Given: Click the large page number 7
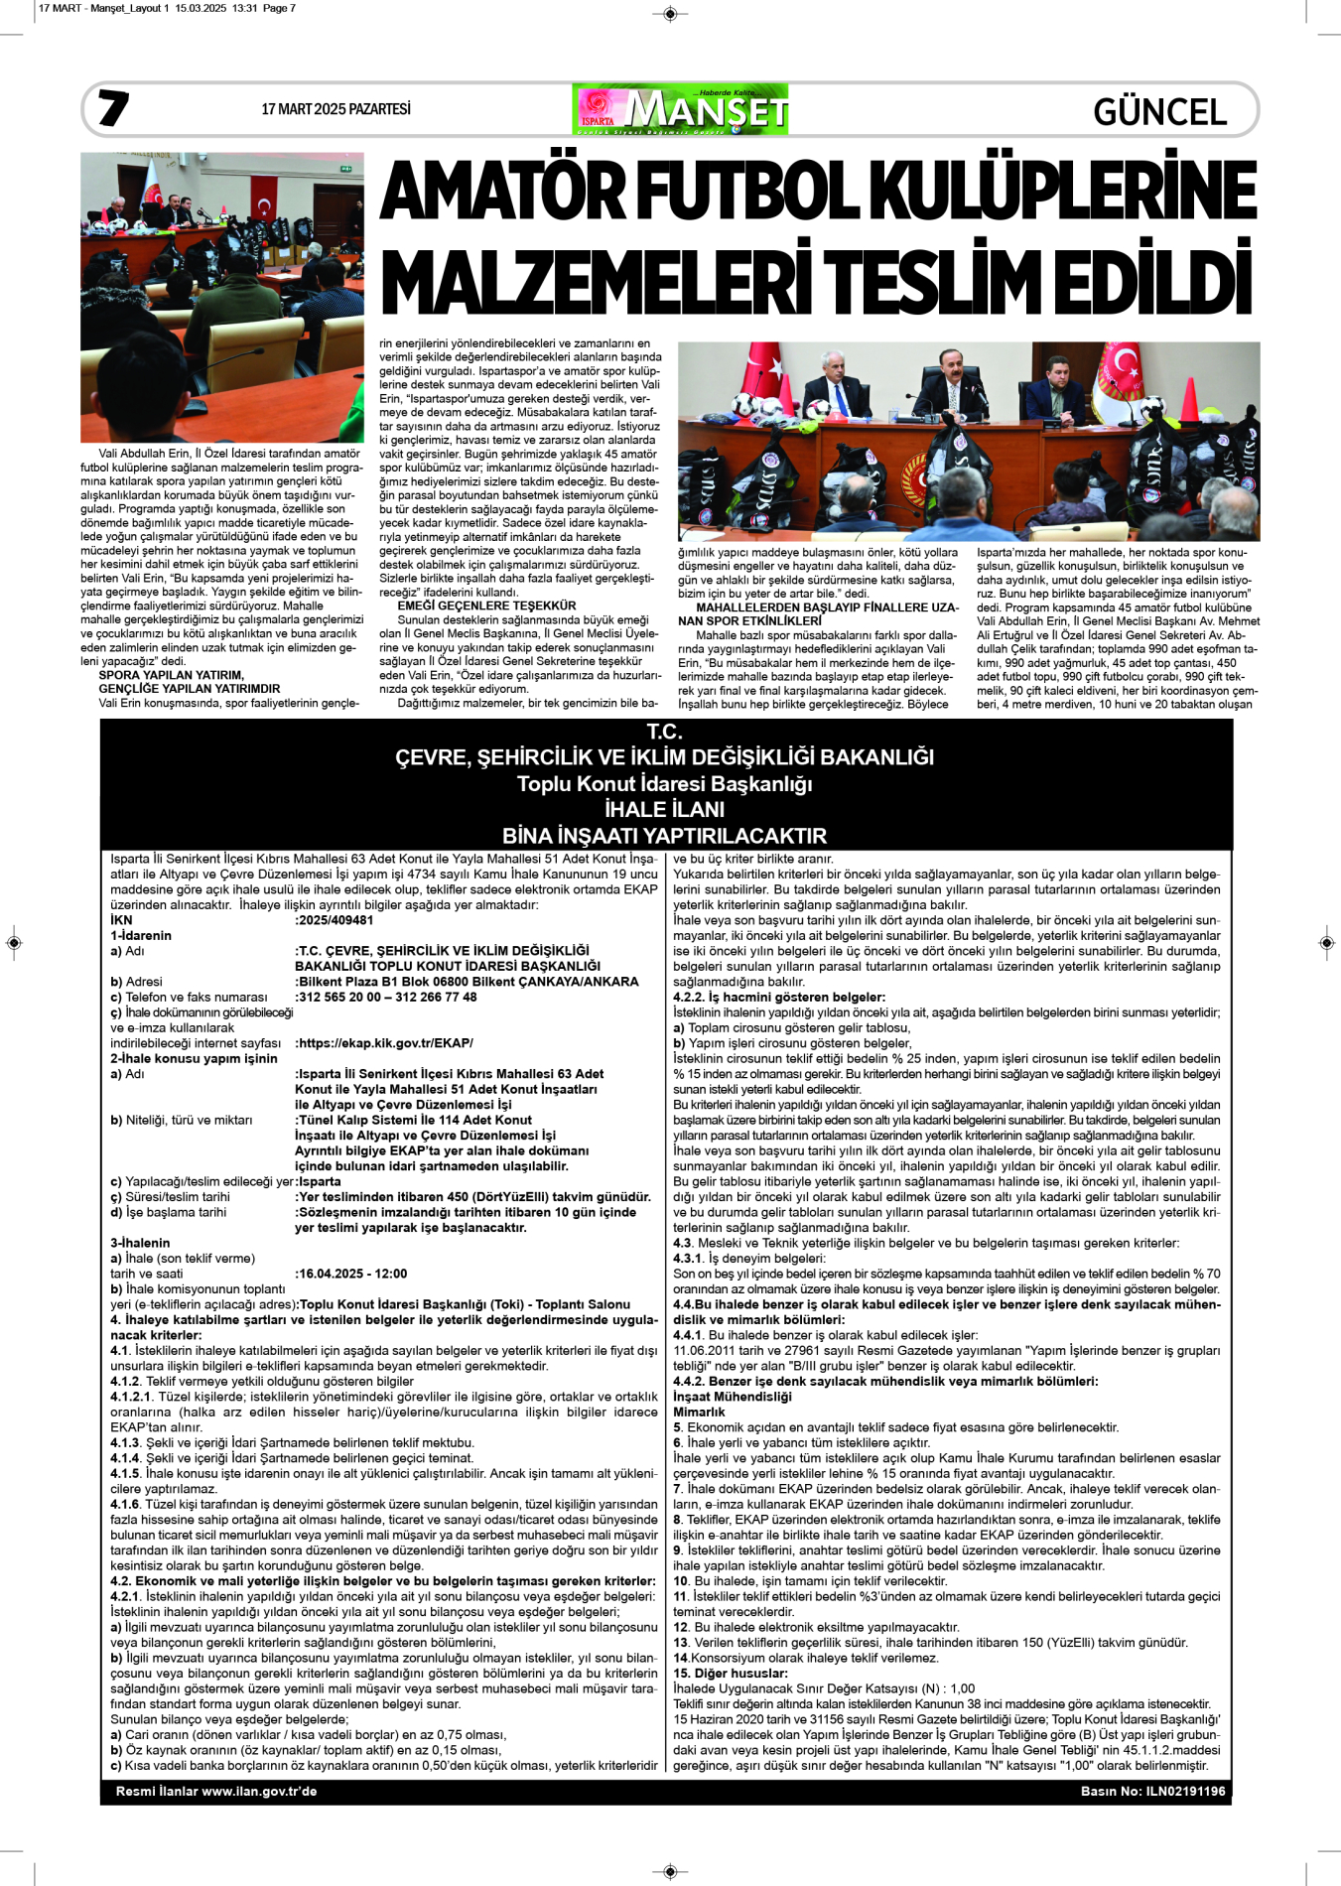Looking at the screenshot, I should pos(113,108).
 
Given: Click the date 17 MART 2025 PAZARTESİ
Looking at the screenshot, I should pos(335,109).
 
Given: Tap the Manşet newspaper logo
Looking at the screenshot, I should pos(680,109).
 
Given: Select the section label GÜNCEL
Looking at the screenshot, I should pos(1159,111).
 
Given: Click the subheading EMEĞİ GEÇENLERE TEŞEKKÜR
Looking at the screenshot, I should pos(486,606).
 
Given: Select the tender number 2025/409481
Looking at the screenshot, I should pos(335,920).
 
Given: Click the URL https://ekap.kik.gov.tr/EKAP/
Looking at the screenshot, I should pos(385,1043).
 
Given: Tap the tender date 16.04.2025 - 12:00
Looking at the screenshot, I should pos(352,1274).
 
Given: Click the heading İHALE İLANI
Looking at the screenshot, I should pos(664,810).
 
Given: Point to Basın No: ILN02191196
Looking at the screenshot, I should pos(1152,1792).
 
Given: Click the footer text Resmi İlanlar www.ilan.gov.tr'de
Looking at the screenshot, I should pos(216,1792).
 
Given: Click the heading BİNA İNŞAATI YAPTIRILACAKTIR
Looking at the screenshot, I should pos(664,836).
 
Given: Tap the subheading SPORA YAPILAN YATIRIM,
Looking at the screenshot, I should pos(171,675).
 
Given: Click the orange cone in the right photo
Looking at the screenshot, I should pos(1188,397).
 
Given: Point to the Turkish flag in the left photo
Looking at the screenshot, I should pos(262,199).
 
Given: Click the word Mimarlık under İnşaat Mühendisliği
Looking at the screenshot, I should pos(699,1412).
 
